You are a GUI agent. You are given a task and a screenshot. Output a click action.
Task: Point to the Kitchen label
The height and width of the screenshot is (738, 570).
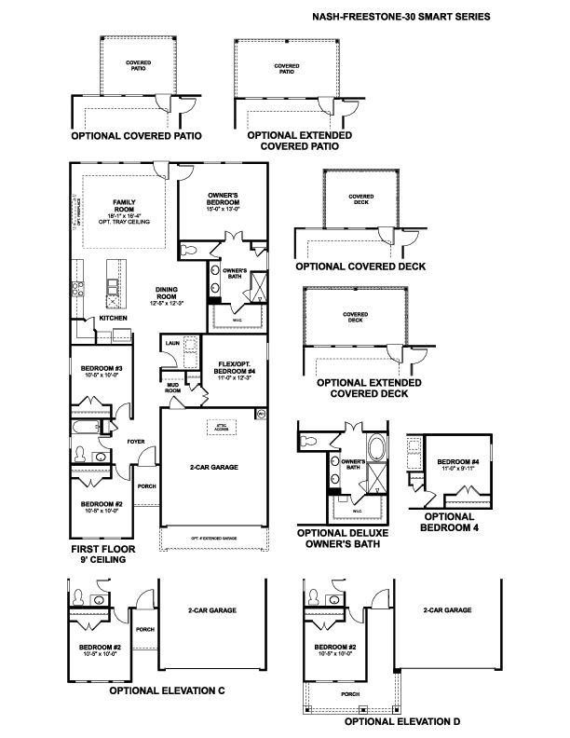click(114, 319)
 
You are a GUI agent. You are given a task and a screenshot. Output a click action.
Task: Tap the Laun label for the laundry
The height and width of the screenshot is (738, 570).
click(171, 344)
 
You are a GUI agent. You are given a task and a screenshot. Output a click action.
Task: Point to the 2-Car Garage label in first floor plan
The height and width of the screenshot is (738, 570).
click(211, 469)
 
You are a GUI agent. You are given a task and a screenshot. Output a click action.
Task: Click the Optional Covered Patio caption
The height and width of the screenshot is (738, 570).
click(137, 135)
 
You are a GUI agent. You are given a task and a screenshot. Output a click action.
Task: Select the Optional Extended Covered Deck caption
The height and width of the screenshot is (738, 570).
click(369, 388)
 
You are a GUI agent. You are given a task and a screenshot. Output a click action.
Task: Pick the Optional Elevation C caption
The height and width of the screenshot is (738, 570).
click(167, 691)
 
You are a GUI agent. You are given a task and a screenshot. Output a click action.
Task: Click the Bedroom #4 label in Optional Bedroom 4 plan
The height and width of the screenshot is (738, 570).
click(456, 462)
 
